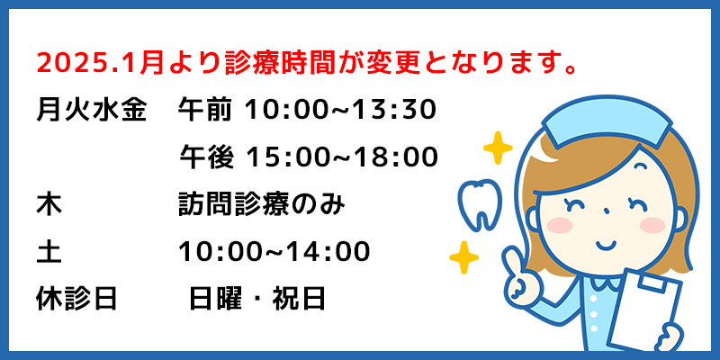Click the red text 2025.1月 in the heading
coord(99,64)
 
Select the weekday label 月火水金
coord(92,111)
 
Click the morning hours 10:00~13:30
coord(340,111)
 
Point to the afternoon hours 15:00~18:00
coord(342,157)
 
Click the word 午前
coord(205,111)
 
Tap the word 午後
coord(207,157)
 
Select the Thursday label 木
coord(49,205)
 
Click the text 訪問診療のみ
coord(261,205)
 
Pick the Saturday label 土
coord(49,252)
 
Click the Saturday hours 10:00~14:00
coord(274,252)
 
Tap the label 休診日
coord(76,299)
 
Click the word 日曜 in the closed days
coord(216,299)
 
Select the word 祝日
coord(299,299)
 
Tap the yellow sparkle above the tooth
coord(498,148)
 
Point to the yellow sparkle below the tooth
coord(463,257)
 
